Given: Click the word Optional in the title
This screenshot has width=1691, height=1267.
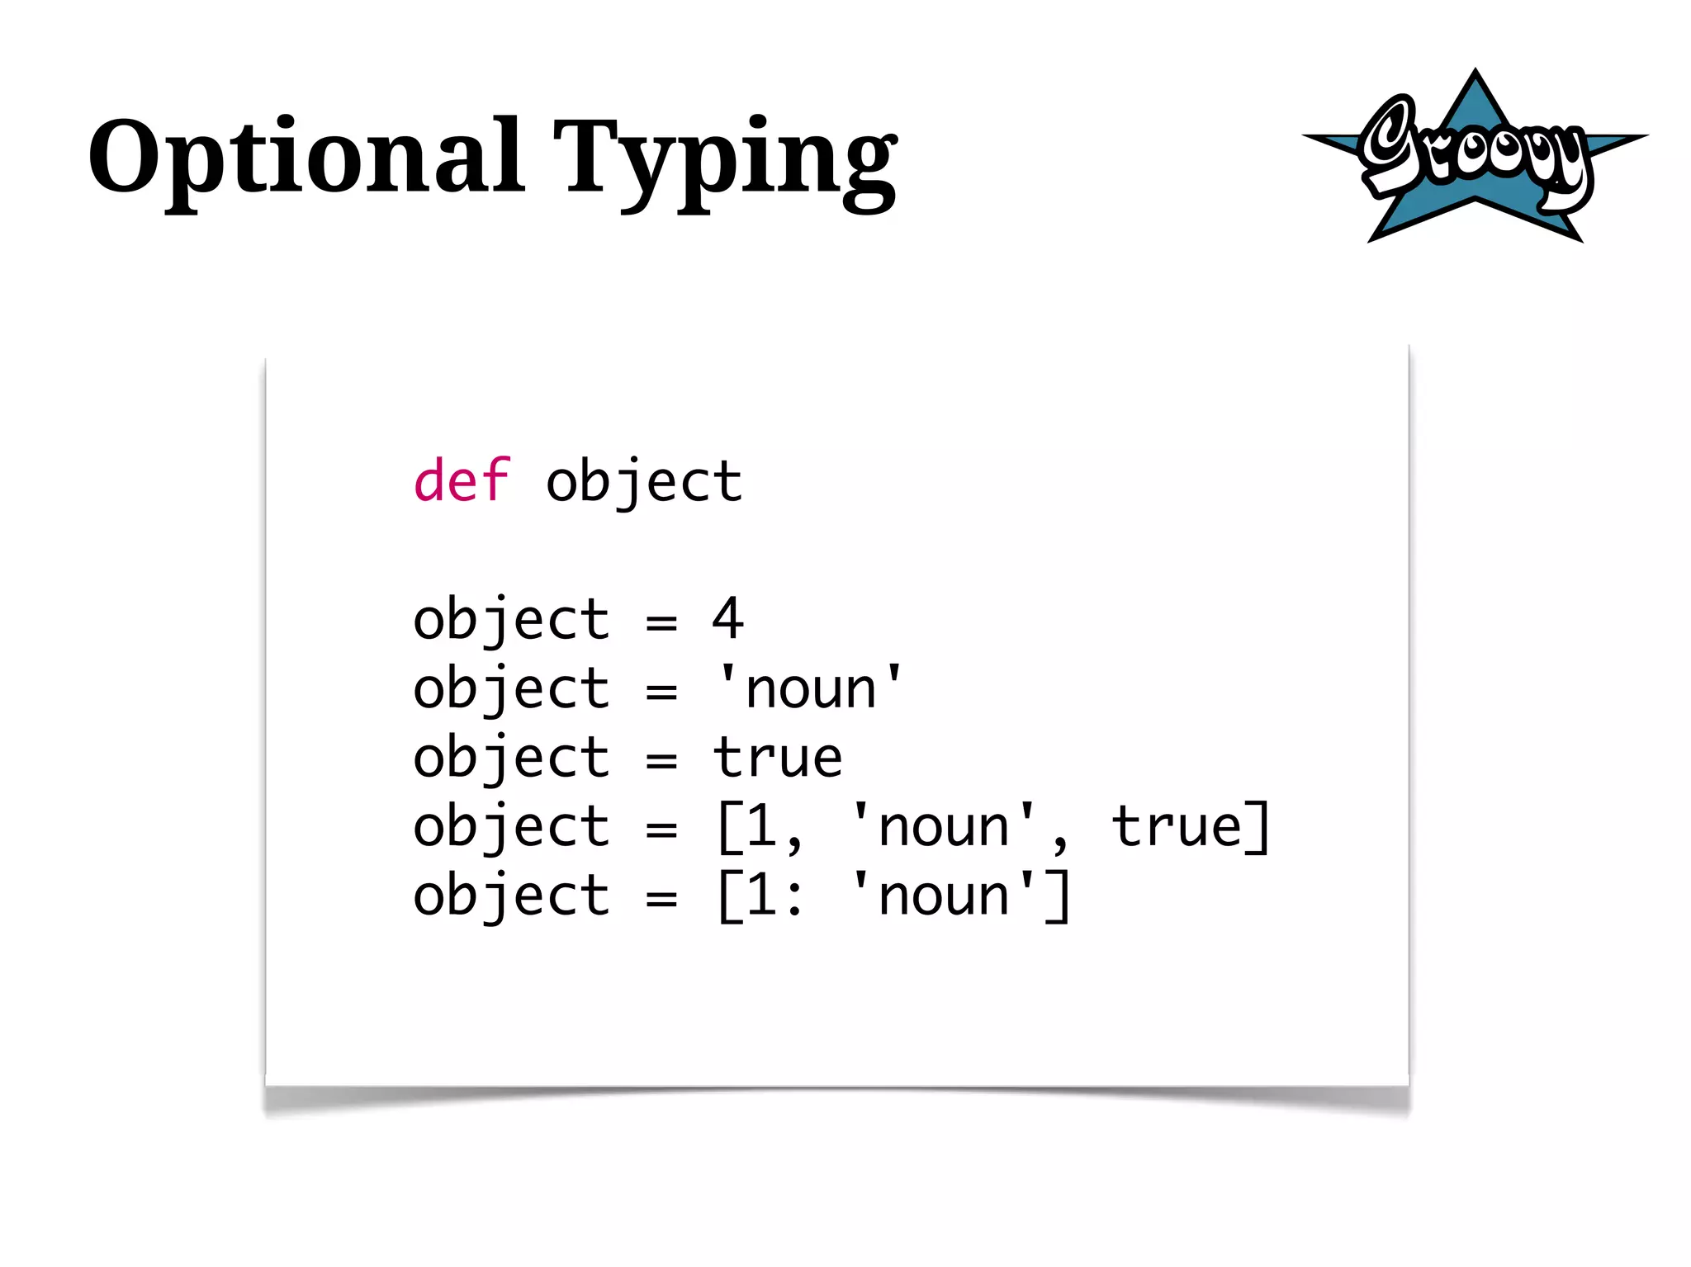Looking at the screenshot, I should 306,157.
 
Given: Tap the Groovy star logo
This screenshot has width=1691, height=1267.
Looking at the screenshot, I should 1475,157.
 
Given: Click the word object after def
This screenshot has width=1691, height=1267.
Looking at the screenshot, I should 644,482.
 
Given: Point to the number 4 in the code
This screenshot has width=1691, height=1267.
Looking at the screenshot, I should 727,618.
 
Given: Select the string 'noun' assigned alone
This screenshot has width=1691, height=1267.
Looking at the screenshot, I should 810,688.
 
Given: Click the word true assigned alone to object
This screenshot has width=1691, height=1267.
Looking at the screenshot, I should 778,757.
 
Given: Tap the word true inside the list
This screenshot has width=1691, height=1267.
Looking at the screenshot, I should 1176,826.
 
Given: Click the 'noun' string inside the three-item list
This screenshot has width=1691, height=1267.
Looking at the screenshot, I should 944,826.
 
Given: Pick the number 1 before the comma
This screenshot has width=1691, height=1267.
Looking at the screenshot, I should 761,826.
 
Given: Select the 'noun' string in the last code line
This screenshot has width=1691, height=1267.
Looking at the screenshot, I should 944,896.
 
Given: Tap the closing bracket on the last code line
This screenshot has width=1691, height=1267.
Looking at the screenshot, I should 1059,896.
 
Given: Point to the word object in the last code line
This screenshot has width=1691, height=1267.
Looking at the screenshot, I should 511,897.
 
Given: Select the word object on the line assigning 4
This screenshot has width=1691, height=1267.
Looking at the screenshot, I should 511,620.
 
